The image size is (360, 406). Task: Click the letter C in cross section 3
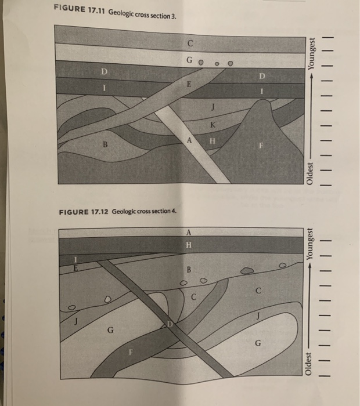coord(190,43)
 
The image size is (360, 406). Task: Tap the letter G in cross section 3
coord(189,60)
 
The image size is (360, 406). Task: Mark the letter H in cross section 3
coord(212,139)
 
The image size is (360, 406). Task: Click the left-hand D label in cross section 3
coord(105,72)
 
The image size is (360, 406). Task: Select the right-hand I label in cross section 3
coord(262,92)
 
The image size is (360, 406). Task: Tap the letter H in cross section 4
coord(188,245)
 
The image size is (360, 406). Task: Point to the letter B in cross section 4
coord(189,270)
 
